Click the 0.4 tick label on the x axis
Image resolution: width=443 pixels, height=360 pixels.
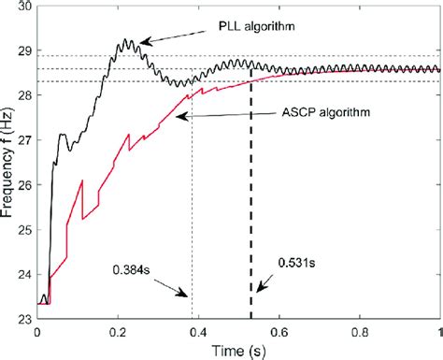pos(198,332)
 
